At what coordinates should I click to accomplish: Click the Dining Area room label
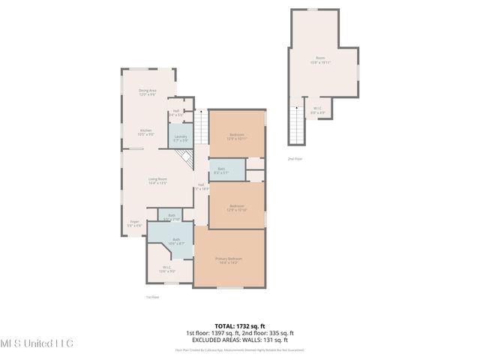pyautogui.click(x=147, y=91)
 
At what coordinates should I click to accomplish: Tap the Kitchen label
pyautogui.click(x=145, y=132)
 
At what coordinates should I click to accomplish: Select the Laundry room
pyautogui.click(x=180, y=137)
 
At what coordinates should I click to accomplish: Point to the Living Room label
pyautogui.click(x=157, y=180)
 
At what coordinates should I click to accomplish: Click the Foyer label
pyautogui.click(x=135, y=223)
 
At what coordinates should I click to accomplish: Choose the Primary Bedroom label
pyautogui.click(x=229, y=260)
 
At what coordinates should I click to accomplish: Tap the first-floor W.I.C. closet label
pyautogui.click(x=167, y=268)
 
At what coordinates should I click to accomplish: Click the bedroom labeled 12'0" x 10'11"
pyautogui.click(x=236, y=136)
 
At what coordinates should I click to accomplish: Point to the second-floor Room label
pyautogui.click(x=320, y=60)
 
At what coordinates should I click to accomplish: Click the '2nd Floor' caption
pyautogui.click(x=295, y=159)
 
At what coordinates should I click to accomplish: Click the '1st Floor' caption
pyautogui.click(x=151, y=297)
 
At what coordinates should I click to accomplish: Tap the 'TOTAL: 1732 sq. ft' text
pyautogui.click(x=239, y=326)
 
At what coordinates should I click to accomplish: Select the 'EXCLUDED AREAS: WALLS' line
pyautogui.click(x=239, y=338)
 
